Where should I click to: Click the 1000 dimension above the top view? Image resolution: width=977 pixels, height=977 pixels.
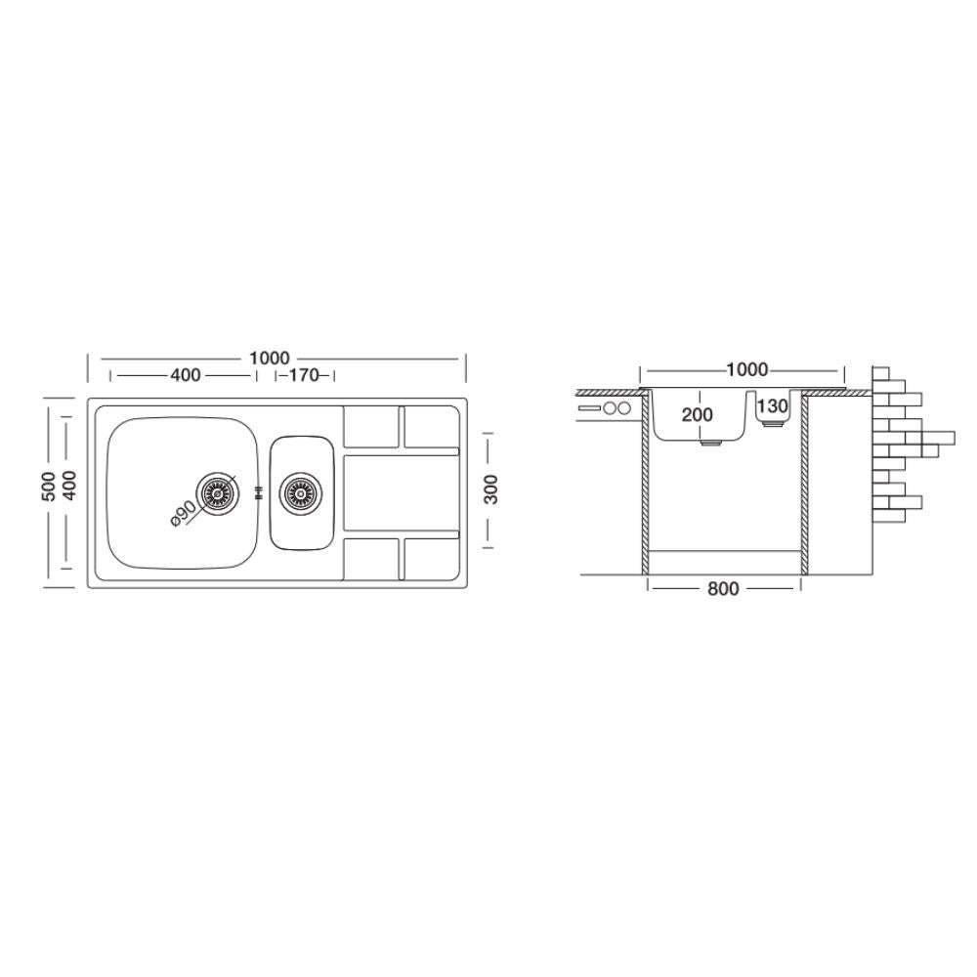(x=270, y=359)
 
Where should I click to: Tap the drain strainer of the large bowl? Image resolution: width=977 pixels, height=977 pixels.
(x=217, y=494)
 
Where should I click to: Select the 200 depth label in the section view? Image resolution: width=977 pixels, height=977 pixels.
(x=698, y=414)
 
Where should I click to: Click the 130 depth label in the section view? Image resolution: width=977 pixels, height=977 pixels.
(x=772, y=406)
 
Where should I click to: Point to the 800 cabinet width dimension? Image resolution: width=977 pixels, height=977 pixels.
(x=723, y=589)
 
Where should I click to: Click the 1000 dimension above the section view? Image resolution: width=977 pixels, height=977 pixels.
(x=746, y=370)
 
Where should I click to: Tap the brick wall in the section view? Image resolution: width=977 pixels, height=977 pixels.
(x=897, y=440)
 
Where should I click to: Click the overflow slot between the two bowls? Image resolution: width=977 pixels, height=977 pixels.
(x=258, y=494)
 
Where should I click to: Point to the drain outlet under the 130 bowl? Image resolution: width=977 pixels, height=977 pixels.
(x=772, y=427)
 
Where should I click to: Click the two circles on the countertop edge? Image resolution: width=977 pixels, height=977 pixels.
(x=617, y=407)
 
